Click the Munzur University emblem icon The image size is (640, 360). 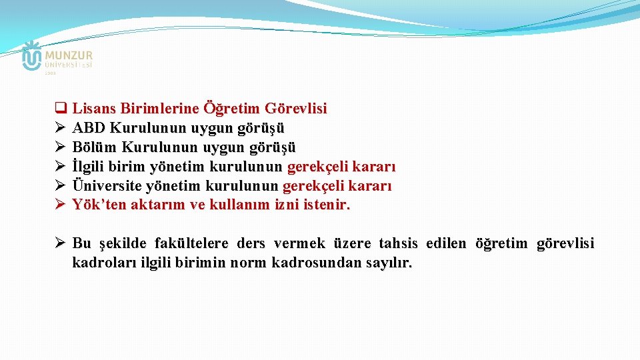[31, 56]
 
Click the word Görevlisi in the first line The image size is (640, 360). [295, 108]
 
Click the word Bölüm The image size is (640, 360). [91, 147]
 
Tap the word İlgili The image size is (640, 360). [88, 166]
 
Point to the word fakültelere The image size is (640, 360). [191, 243]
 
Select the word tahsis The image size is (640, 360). [399, 243]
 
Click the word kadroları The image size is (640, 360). [104, 263]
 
